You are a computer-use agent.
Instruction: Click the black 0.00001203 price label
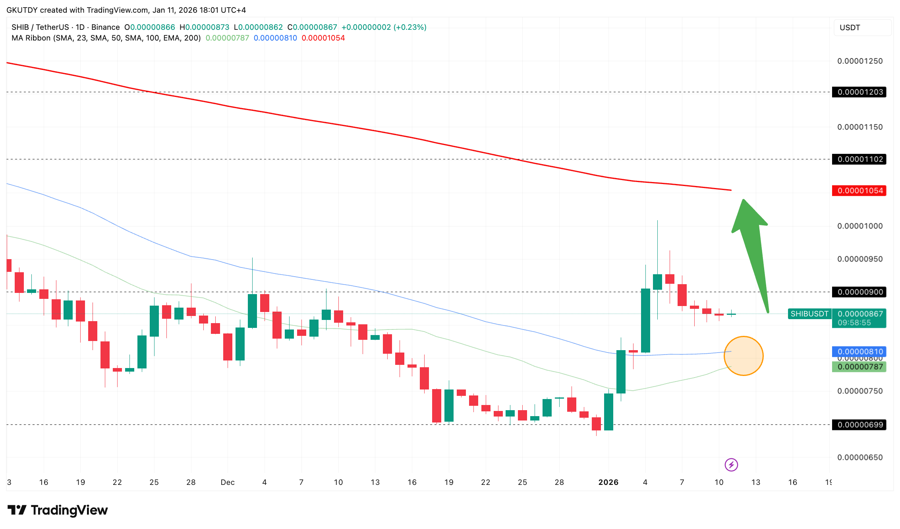click(859, 92)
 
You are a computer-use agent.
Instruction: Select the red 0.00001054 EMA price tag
click(859, 191)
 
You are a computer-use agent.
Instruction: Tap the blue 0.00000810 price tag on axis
click(859, 351)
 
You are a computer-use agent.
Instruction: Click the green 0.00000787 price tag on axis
click(859, 367)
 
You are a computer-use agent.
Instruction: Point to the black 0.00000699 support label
click(859, 425)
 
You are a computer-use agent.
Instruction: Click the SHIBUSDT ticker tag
click(809, 314)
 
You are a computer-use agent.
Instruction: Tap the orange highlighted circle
click(743, 356)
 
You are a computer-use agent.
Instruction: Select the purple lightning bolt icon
click(731, 465)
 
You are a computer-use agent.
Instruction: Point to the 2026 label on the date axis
click(608, 482)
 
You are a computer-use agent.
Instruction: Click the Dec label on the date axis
click(228, 482)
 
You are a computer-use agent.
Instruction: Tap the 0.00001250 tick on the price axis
click(859, 61)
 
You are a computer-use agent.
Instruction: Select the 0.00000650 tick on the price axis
click(859, 457)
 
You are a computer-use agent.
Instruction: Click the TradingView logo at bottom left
click(58, 510)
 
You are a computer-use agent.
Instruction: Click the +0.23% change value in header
click(410, 27)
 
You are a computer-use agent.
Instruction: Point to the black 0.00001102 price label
click(859, 159)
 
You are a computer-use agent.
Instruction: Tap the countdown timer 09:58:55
click(854, 323)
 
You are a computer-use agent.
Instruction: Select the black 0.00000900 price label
click(859, 292)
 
